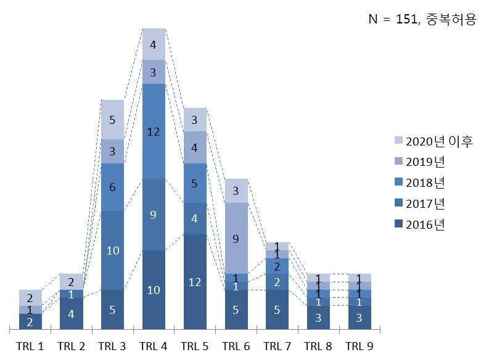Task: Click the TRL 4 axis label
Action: pyautogui.click(x=154, y=346)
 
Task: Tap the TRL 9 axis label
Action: pyautogui.click(x=359, y=346)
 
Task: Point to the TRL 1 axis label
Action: pyautogui.click(x=30, y=346)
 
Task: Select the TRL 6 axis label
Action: pyautogui.click(x=236, y=346)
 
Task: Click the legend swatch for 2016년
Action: pyautogui.click(x=398, y=224)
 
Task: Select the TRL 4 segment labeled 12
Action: pyautogui.click(x=154, y=131)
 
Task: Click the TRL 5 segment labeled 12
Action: pyautogui.click(x=194, y=282)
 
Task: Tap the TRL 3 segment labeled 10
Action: pyautogui.click(x=112, y=250)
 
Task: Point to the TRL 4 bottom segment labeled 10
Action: pyautogui.click(x=154, y=290)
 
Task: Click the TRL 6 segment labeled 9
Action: pyautogui.click(x=236, y=238)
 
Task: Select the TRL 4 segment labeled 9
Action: pyautogui.click(x=154, y=215)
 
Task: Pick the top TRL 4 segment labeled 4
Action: pyautogui.click(x=154, y=44)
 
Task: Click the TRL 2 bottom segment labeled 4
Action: pyautogui.click(x=71, y=313)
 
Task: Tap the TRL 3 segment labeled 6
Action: pyautogui.click(x=112, y=187)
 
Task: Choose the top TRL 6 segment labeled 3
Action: pyautogui.click(x=236, y=190)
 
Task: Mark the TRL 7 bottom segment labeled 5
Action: pyautogui.click(x=277, y=309)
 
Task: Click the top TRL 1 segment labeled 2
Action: pyautogui.click(x=30, y=298)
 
